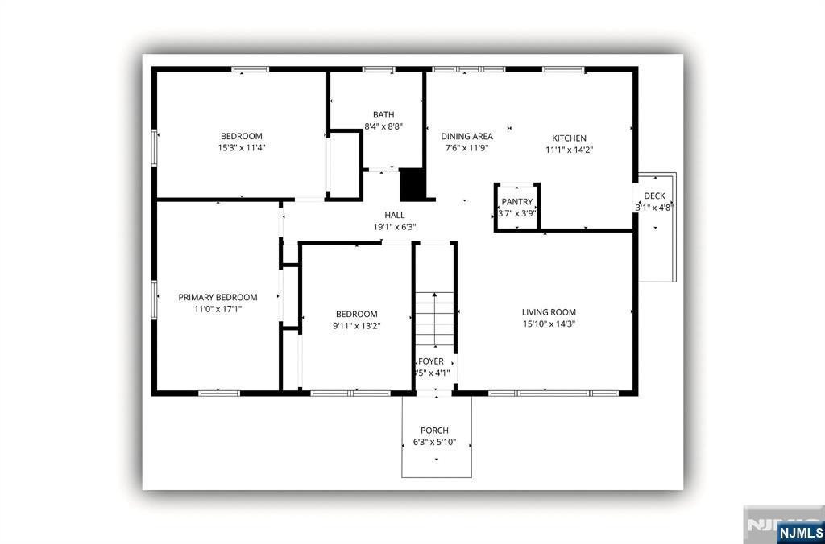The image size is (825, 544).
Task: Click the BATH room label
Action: (x=383, y=114)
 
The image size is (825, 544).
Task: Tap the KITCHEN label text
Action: (x=569, y=138)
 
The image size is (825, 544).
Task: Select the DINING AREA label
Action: (x=466, y=136)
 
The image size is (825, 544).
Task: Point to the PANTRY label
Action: (x=516, y=201)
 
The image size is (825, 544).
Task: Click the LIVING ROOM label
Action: (x=549, y=312)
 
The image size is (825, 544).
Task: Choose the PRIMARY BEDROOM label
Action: (x=218, y=297)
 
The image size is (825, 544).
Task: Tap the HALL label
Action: (x=394, y=215)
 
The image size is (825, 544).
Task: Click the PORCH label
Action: (x=434, y=431)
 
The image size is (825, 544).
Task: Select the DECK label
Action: (x=654, y=196)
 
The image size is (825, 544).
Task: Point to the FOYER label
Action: (x=431, y=361)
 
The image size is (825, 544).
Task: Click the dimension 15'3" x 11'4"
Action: (x=242, y=148)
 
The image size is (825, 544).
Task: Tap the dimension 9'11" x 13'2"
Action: (x=356, y=326)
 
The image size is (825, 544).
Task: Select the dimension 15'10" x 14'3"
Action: (x=549, y=324)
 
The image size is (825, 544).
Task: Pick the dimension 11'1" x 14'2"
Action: (x=570, y=150)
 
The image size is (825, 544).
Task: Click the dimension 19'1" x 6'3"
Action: (x=394, y=227)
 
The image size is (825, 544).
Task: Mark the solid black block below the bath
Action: (x=412, y=184)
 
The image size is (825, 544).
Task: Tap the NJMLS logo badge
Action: (x=800, y=532)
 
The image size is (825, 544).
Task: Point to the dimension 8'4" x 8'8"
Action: (x=383, y=126)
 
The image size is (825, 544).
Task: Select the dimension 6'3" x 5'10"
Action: (x=435, y=442)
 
